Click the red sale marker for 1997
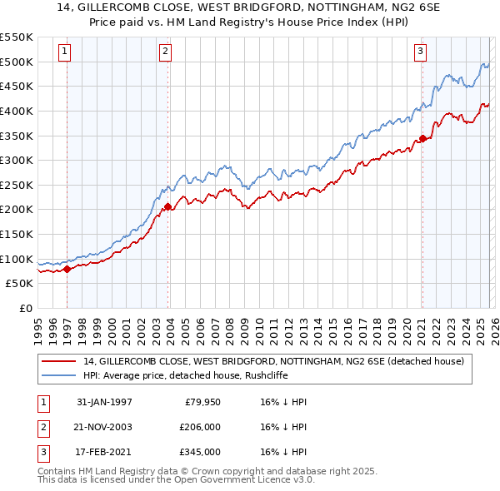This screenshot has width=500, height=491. pos(67,269)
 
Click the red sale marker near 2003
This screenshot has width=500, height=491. pos(168,206)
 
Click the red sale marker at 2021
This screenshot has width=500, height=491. pos(422,138)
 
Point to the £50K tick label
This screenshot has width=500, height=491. pos(19,283)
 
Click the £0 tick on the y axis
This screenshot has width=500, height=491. pos(25,308)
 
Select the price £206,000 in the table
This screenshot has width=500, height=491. pos(200,427)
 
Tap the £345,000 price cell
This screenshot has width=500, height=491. pos(200,452)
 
